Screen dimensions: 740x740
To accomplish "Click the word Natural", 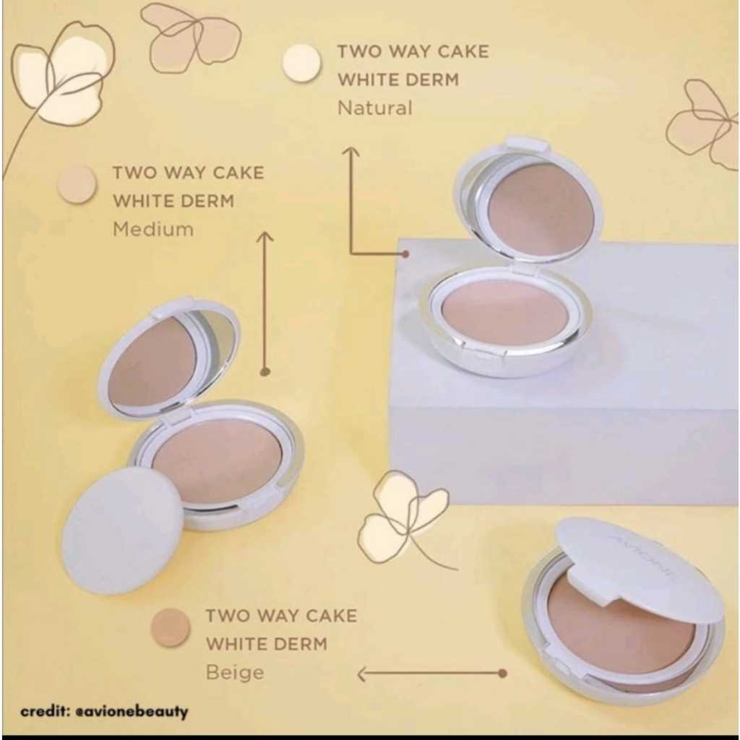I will pos(374,108).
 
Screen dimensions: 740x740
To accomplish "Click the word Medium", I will pos(153,230).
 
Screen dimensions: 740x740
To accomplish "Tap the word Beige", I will pos(235,673).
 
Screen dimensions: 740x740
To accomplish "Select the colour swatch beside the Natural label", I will pos(301,63).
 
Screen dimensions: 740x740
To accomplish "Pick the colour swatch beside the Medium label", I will pos(77,184).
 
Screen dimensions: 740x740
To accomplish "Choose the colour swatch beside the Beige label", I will pos(170,627).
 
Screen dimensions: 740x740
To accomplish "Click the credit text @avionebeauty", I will pos(104,711).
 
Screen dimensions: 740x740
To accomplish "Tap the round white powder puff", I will pos(122,530).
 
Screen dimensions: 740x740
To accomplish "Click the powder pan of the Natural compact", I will pos(504,311).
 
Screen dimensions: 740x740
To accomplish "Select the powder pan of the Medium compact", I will pos(217,460).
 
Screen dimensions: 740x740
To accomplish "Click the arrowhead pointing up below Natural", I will pos(351,151).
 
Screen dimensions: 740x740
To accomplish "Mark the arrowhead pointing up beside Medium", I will pos(265,236).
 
